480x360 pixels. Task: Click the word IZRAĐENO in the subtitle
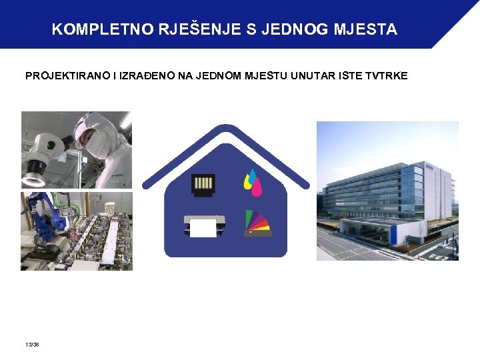pos(148,76)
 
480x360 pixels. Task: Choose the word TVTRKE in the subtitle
pos(387,76)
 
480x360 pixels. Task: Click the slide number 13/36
pos(31,345)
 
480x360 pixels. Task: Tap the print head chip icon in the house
pos(203,183)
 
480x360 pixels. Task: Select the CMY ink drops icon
pos(251,183)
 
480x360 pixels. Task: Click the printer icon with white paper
pos(204,226)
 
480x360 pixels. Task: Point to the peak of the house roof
pos(226,129)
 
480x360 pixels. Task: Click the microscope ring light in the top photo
pos(33,179)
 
